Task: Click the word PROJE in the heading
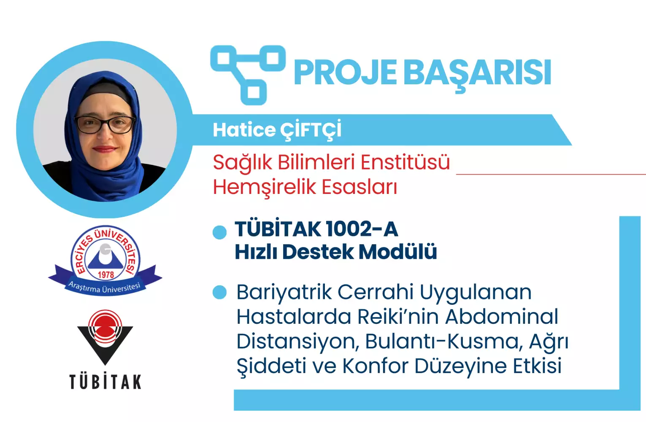(345, 72)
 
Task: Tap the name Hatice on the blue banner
(244, 130)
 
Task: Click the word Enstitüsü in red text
(405, 162)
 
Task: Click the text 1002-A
(362, 229)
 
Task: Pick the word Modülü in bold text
(398, 252)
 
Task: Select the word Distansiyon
(297, 342)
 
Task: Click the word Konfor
(376, 366)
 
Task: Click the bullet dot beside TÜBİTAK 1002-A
(219, 232)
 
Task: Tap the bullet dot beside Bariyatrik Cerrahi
(219, 293)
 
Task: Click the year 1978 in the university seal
(106, 274)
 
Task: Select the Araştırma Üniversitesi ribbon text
(104, 287)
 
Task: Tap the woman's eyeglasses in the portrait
(105, 124)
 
